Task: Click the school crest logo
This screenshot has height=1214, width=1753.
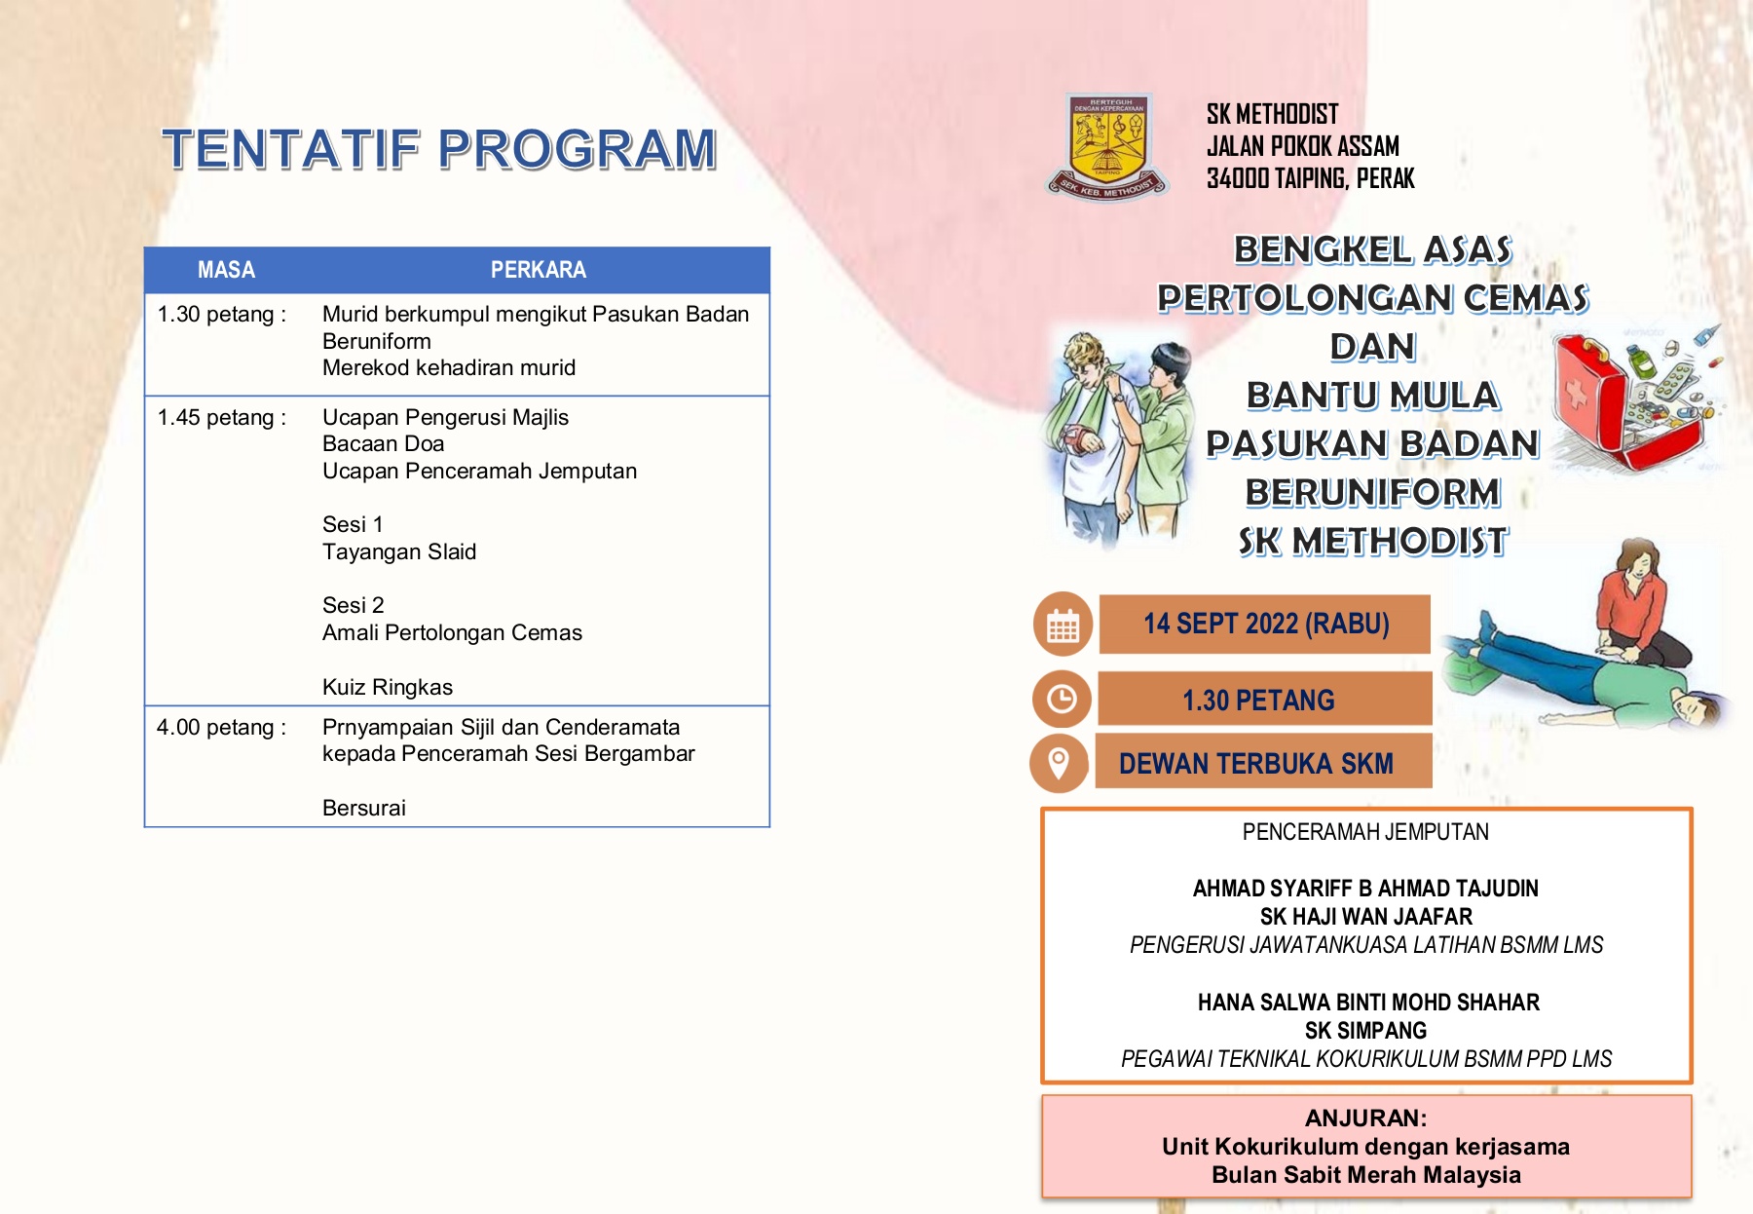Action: pos(1108,147)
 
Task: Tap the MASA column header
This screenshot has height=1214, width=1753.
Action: pos(226,270)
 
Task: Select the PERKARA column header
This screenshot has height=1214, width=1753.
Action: pos(538,270)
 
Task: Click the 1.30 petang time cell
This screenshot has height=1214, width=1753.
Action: pos(222,315)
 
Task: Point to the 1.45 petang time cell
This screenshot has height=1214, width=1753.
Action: pos(222,418)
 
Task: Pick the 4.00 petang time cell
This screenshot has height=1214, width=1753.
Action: pos(222,728)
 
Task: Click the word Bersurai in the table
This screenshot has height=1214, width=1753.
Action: pos(364,808)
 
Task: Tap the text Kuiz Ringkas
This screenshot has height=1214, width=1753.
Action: pos(388,687)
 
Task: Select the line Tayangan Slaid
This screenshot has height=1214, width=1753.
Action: pos(399,552)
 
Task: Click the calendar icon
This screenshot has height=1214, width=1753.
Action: pos(1063,625)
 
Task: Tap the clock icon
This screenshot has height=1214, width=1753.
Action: pos(1062,699)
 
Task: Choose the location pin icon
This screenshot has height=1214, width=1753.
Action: pos(1059,762)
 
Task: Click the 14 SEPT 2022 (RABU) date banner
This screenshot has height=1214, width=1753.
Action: pos(1265,624)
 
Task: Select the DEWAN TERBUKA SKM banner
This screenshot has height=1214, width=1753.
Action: pos(1264,762)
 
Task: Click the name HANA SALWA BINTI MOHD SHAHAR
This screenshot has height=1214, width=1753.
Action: pos(1368,1003)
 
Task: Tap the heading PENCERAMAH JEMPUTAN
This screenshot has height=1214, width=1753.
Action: pos(1365,832)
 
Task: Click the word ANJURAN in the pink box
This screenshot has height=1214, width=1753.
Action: pos(1365,1118)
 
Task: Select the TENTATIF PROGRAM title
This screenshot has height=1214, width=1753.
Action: pos(440,149)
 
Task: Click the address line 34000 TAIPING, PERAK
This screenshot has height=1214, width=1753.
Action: pos(1310,178)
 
